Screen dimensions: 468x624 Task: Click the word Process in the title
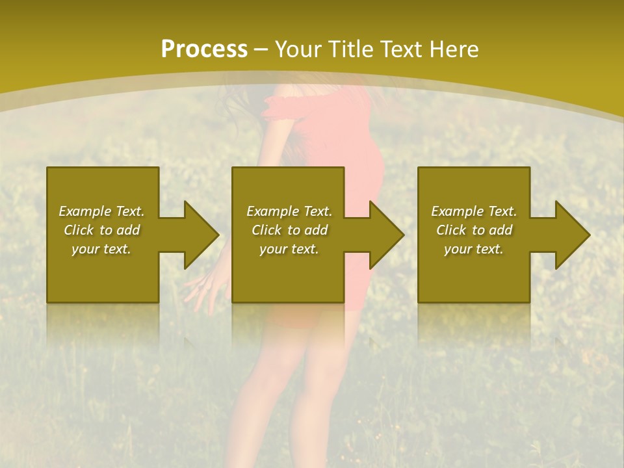coord(204,49)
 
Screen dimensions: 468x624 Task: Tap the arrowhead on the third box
coord(571,235)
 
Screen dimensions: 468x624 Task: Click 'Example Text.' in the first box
coord(101,211)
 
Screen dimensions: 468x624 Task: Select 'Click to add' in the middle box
coord(289,230)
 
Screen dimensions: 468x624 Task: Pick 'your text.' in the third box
coord(474,249)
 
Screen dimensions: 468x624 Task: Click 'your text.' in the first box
coord(101,249)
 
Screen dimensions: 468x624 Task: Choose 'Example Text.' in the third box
coord(474,211)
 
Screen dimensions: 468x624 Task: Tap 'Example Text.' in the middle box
coord(289,211)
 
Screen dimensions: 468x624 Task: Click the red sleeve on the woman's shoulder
coord(286,107)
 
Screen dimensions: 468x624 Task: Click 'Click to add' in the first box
coord(101,230)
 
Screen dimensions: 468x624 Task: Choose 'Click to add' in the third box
coord(474,230)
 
